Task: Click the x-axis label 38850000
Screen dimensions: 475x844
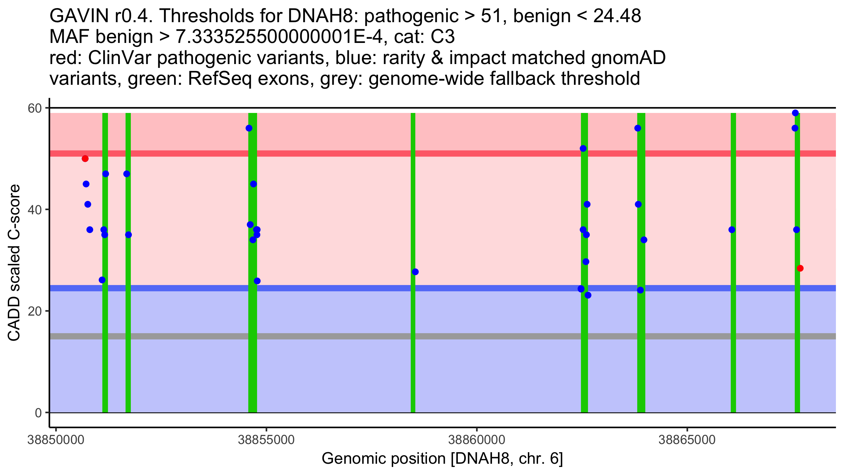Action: click(56, 440)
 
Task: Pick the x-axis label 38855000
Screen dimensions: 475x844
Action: click(266, 440)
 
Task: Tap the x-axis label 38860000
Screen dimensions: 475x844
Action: click(477, 440)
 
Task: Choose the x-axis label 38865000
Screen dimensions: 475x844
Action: click(687, 440)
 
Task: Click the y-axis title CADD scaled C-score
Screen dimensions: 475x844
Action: click(14, 263)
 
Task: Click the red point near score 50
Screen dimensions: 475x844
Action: click(85, 159)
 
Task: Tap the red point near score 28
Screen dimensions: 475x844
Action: click(800, 268)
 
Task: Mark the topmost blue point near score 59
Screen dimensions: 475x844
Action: click(795, 113)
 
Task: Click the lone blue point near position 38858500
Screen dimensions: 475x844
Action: click(415, 272)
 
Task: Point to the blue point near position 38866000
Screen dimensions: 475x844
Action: click(732, 230)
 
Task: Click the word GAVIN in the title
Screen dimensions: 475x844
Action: click(79, 16)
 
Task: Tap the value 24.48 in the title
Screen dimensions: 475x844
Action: click(617, 16)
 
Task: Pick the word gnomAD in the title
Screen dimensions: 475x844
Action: click(628, 58)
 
